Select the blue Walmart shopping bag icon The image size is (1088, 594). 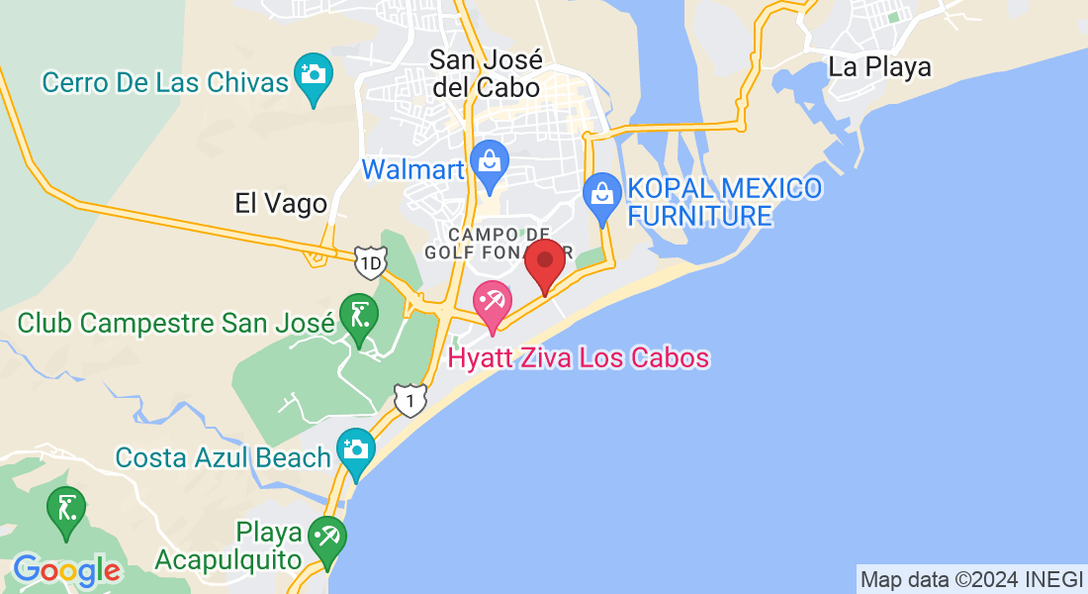coord(489,163)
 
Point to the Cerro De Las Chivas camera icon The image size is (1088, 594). coord(314,76)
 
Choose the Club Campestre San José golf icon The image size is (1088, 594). coord(358,318)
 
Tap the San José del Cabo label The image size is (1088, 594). coord(485,73)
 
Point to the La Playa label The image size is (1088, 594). coord(879,67)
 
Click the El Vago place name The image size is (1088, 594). coord(281,204)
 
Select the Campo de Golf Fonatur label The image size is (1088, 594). coord(485,243)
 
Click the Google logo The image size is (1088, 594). coord(66,570)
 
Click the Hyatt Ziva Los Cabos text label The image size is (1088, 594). coord(579,357)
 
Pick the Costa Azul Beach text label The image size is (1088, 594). coord(223,457)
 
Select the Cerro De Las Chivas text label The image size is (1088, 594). coord(165,82)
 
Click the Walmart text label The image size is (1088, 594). coord(412,169)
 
